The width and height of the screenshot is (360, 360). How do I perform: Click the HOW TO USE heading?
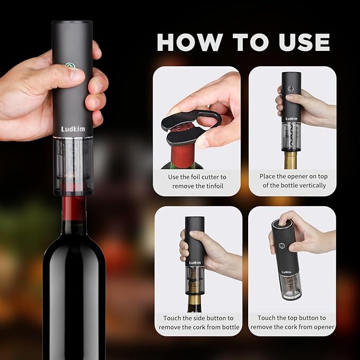coord(243,42)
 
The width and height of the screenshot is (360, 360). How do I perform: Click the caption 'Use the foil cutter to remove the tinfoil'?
coord(197,181)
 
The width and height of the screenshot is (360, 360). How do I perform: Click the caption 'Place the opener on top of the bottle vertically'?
coord(292,181)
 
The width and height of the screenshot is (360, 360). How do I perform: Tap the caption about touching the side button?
coord(197,322)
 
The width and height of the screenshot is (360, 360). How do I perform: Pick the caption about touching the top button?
coord(292,322)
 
